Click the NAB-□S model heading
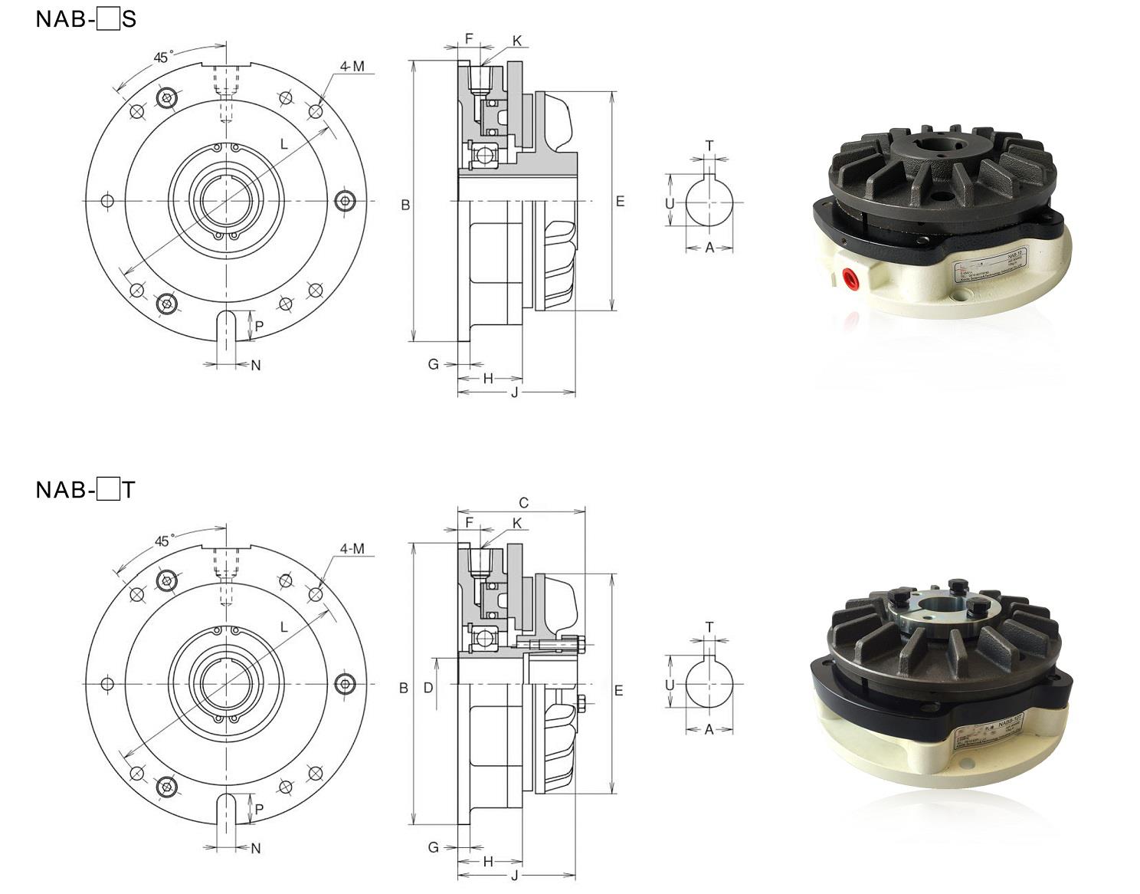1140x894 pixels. [x=85, y=19]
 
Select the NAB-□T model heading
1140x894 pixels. [x=85, y=489]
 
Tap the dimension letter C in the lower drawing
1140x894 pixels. [x=523, y=503]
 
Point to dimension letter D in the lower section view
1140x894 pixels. [x=428, y=688]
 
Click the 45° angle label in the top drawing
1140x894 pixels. [x=163, y=58]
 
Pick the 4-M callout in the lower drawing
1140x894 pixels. [x=352, y=549]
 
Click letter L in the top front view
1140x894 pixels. [x=283, y=144]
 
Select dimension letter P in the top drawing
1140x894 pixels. [x=260, y=327]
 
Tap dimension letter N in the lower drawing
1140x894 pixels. [x=256, y=848]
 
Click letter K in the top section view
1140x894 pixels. [x=517, y=41]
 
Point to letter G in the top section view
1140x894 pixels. [x=433, y=364]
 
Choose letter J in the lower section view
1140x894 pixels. [x=514, y=876]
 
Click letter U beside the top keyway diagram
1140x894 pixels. [x=670, y=203]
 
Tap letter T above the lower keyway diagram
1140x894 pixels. [x=709, y=627]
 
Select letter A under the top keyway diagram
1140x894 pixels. [x=709, y=248]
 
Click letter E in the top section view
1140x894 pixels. [x=620, y=201]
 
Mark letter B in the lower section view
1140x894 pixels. [x=404, y=689]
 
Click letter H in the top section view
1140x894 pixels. [x=488, y=378]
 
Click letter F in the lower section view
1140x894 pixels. [x=469, y=522]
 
